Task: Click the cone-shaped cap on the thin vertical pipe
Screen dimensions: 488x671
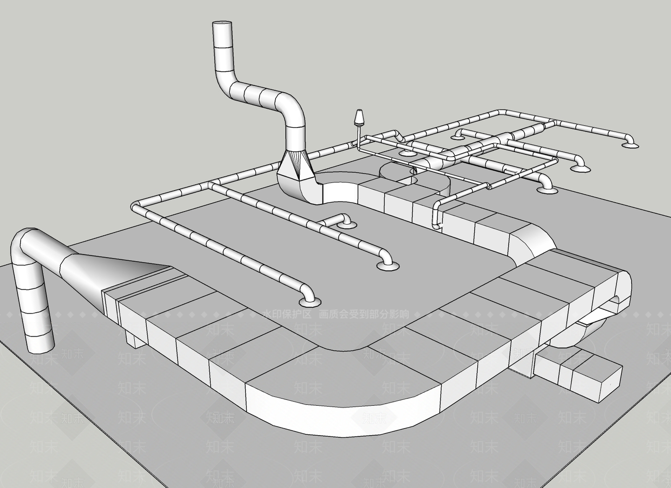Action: (359, 117)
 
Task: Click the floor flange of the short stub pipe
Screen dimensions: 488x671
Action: (346, 225)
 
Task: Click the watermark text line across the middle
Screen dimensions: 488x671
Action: (335, 314)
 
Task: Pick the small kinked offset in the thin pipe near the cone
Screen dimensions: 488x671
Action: (398, 136)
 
